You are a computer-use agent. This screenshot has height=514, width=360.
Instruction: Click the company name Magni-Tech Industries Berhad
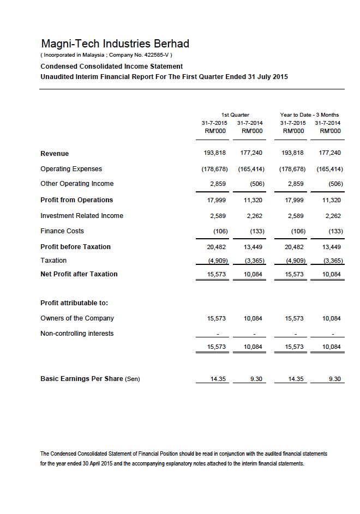[115, 44]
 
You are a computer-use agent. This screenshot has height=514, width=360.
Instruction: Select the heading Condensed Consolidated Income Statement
[111, 66]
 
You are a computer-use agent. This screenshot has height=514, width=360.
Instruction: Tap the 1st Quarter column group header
[235, 115]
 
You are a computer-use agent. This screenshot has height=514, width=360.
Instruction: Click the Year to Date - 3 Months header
[309, 115]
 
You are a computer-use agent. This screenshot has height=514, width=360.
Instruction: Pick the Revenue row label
[55, 154]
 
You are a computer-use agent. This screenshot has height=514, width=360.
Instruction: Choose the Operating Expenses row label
[71, 169]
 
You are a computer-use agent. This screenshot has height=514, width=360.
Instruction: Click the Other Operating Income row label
[77, 184]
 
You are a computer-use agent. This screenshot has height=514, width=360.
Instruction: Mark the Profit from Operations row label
[76, 200]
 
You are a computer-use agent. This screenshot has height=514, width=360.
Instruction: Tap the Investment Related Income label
[82, 216]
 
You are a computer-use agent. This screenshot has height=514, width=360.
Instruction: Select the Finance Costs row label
[62, 231]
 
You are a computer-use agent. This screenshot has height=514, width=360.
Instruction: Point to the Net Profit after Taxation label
[79, 274]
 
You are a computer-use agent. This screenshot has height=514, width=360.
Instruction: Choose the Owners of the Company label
[77, 318]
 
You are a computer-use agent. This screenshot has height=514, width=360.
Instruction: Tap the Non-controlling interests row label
[77, 334]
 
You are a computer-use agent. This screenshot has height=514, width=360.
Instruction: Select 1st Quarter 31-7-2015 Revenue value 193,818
[214, 154]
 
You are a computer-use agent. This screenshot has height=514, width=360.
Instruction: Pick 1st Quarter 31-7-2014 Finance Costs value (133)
[257, 231]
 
